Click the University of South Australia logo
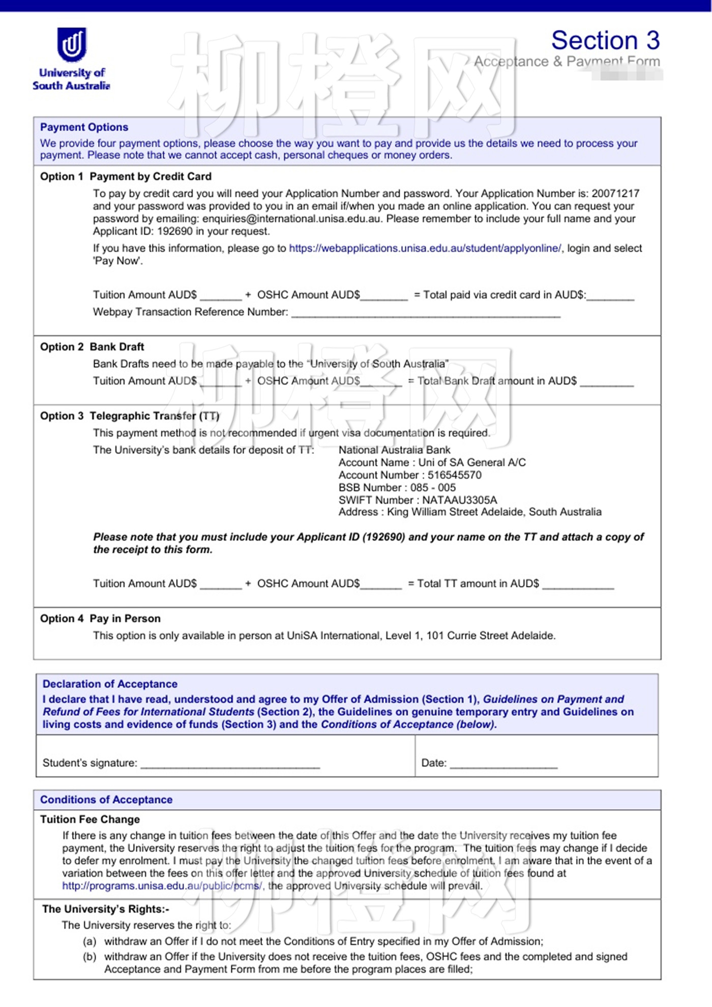[x=71, y=58]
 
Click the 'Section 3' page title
[x=605, y=40]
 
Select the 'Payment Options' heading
[x=84, y=127]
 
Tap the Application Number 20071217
[x=615, y=194]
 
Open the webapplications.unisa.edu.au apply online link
[x=425, y=248]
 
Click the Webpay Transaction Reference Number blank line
[x=426, y=313]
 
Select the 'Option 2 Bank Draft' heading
[x=92, y=347]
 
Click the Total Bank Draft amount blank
[x=607, y=382]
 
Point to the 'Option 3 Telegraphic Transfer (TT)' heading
[x=130, y=416]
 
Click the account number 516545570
[x=454, y=475]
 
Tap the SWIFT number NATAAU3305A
[x=459, y=500]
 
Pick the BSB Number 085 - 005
[x=433, y=487]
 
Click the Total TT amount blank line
[x=578, y=585]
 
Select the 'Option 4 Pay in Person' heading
[x=100, y=618]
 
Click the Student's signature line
[x=230, y=764]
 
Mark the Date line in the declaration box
[x=503, y=764]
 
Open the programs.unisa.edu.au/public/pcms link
[x=162, y=885]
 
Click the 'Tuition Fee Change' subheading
[x=90, y=819]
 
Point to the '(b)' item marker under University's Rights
[x=90, y=957]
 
